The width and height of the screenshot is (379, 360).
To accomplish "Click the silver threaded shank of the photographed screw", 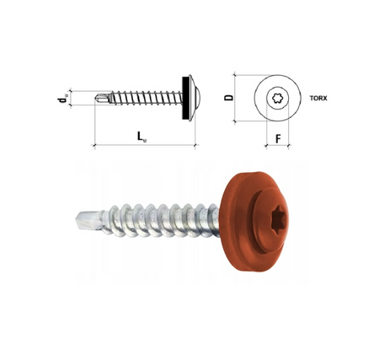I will point(152,218).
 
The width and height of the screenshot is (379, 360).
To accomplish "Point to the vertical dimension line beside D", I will point(238,99).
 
